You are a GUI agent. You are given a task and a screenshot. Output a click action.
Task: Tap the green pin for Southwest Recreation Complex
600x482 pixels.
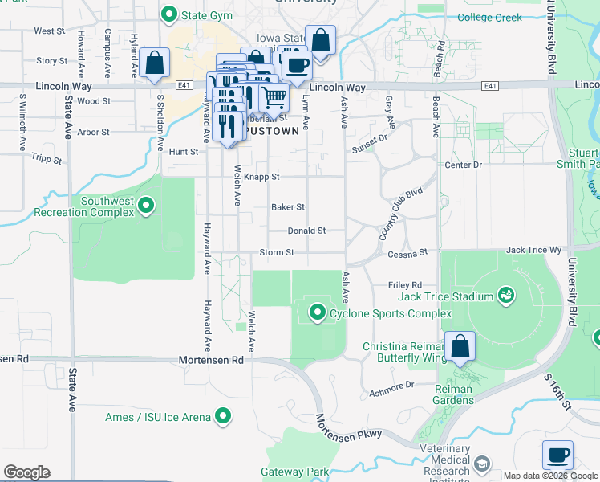(146, 206)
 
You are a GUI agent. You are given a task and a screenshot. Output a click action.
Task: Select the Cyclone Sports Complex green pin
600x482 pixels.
(318, 312)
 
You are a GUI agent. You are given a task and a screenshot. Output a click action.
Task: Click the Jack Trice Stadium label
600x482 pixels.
(446, 296)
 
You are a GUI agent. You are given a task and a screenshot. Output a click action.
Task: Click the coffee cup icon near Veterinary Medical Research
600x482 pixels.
(557, 455)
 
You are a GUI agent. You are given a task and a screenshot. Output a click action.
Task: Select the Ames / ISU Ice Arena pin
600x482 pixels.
(223, 417)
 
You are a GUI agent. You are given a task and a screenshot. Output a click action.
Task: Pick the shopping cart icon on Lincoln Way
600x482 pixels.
(274, 97)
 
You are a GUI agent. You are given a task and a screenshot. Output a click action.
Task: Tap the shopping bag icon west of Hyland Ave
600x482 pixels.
(153, 63)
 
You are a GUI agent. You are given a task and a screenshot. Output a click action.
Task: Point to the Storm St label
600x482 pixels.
(277, 252)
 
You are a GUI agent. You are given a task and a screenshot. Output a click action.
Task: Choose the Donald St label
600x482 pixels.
(306, 231)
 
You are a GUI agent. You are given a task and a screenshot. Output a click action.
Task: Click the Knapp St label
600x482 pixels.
(262, 177)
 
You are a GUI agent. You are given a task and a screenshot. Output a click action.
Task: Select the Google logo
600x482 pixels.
(26, 472)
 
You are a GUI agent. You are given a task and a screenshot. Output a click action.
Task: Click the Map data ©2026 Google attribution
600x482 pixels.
(550, 476)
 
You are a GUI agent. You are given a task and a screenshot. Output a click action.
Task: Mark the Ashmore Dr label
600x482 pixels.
(391, 386)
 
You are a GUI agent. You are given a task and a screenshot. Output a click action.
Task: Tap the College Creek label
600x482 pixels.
(489, 18)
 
